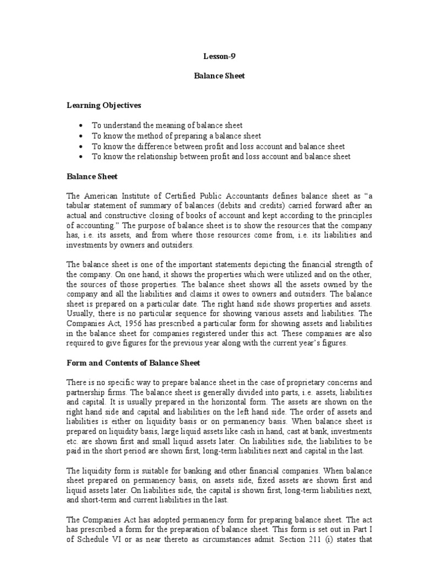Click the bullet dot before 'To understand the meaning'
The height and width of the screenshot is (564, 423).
click(x=82, y=126)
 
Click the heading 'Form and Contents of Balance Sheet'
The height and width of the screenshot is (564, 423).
click(x=133, y=363)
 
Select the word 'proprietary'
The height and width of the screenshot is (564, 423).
click(x=291, y=382)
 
